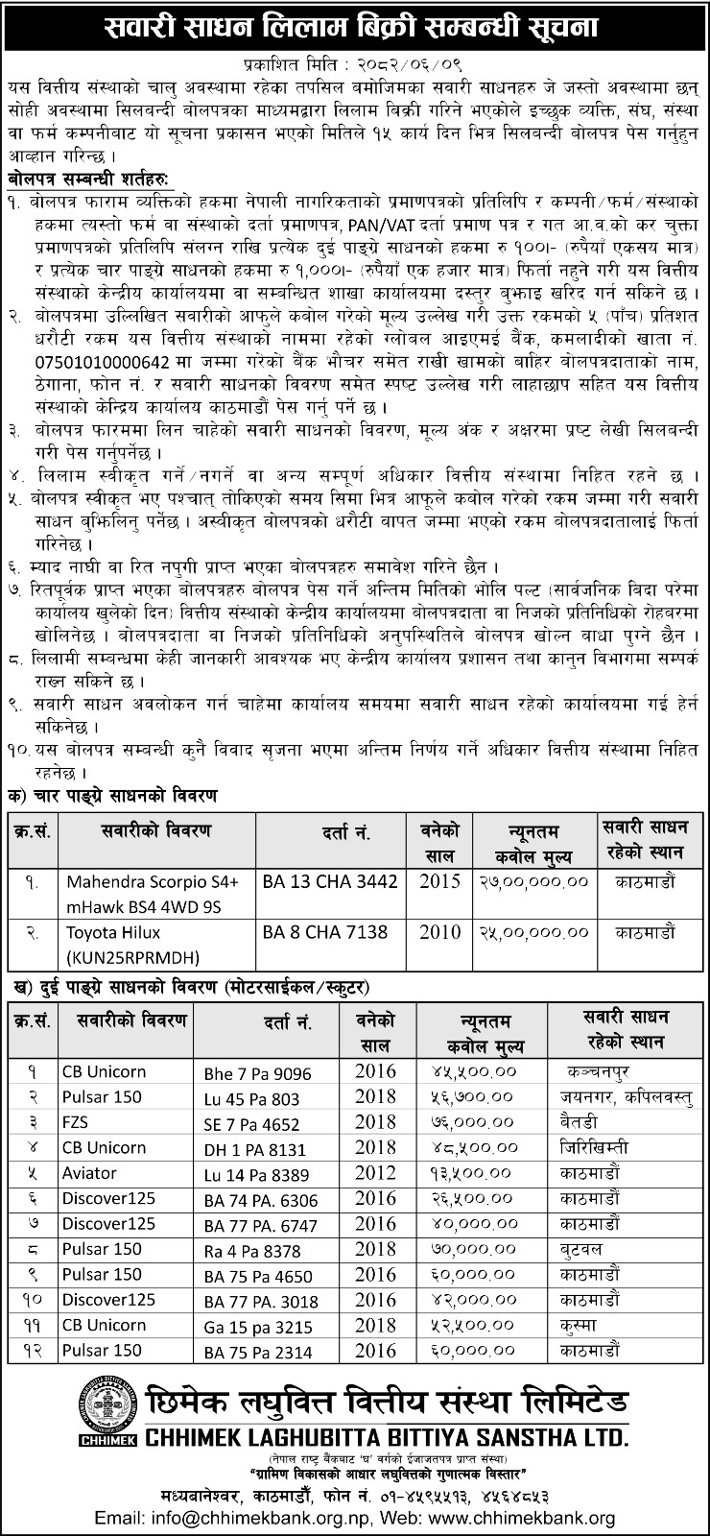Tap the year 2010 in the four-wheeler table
pos(440,932)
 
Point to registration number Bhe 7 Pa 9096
pos(257,1071)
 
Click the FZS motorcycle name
pos(79,1121)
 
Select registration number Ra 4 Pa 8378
pos(252,1250)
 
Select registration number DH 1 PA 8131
pos(254,1148)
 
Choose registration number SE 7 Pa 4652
pos(253,1122)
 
